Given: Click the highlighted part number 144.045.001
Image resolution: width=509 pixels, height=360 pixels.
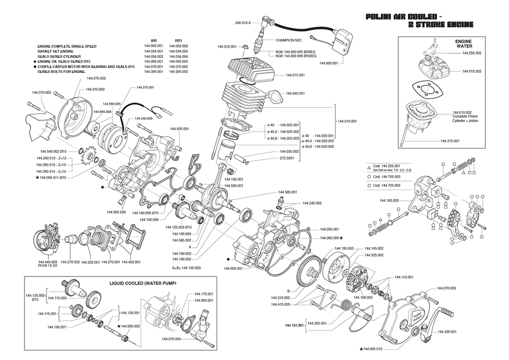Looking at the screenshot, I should coord(294,93).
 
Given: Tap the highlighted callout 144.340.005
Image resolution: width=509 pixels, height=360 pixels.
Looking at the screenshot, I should coord(144,119).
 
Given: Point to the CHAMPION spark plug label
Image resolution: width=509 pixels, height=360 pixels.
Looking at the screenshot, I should coord(289,40).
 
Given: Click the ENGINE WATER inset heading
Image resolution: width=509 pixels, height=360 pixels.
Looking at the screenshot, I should coord(463,44).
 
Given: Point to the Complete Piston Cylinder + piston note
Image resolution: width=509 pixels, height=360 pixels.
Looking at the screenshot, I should coord(463,117).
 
